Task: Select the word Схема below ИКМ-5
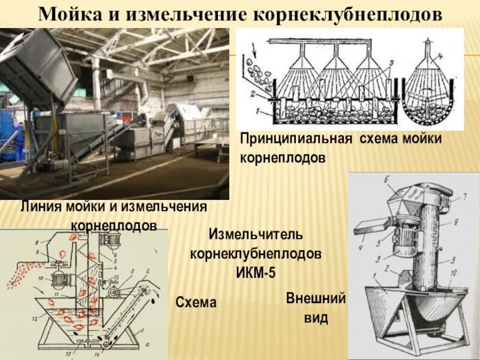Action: tap(196, 303)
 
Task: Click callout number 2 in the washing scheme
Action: tap(253, 94)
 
